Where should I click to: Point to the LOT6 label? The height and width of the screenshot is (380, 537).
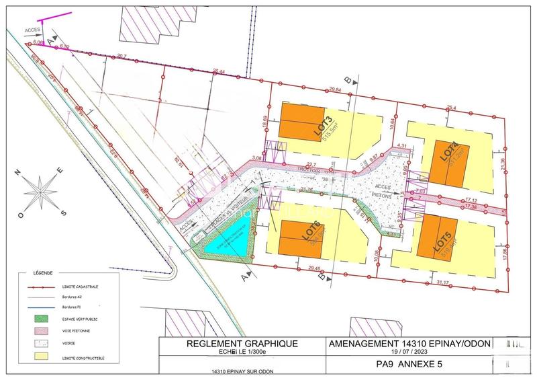311,233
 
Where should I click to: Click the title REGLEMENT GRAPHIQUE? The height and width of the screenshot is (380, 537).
241,344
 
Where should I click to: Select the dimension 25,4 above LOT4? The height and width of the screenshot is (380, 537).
452,107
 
